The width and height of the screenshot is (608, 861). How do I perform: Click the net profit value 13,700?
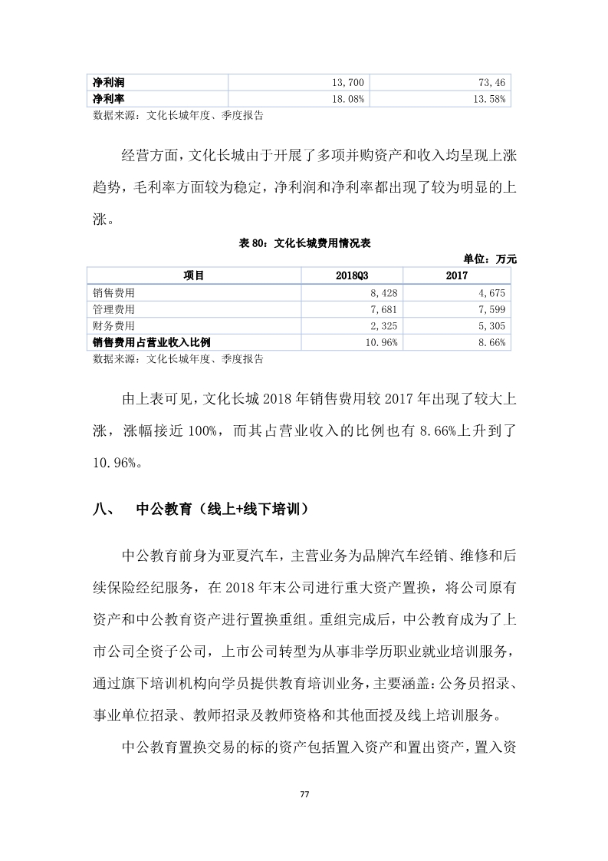[350, 82]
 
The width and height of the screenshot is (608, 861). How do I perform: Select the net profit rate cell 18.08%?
[348, 99]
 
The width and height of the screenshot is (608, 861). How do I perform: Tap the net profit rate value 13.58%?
[488, 99]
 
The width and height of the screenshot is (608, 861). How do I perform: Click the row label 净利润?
[109, 82]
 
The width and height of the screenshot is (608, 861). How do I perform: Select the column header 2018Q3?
[353, 275]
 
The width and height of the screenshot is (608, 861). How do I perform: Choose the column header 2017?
[457, 275]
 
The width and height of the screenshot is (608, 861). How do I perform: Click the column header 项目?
[194, 275]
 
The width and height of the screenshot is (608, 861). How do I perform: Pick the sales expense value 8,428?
[383, 292]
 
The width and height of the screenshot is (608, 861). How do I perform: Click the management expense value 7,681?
[383, 309]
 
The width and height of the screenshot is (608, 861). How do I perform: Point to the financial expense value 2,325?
[383, 326]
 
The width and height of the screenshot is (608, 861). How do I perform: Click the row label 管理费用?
[113, 309]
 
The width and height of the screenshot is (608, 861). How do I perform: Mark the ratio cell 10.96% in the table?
[380, 343]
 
